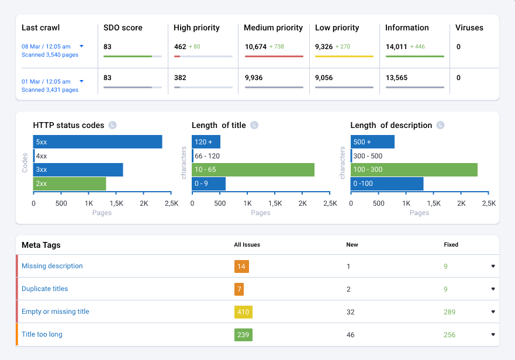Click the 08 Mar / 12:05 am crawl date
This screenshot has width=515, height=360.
(x=46, y=46)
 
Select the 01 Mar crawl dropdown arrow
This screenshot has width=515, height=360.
(x=82, y=81)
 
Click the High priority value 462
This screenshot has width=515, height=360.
(x=180, y=47)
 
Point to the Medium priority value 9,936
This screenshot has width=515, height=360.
(x=254, y=78)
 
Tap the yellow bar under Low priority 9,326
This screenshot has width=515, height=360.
(x=344, y=56)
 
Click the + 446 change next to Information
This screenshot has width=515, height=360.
(x=418, y=47)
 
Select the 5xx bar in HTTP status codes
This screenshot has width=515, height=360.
(x=98, y=142)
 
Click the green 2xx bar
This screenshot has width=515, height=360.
(x=70, y=184)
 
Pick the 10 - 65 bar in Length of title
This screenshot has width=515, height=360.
(x=253, y=169)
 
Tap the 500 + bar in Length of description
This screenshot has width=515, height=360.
(x=372, y=142)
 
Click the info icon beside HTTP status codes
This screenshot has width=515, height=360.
(x=113, y=125)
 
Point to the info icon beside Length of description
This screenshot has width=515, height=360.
(x=440, y=125)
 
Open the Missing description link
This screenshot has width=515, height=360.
(x=52, y=266)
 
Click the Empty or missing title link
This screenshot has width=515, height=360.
(x=56, y=311)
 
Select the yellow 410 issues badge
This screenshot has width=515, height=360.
(x=243, y=312)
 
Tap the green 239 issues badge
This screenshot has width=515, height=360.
(x=243, y=335)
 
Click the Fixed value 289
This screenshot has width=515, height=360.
(x=450, y=312)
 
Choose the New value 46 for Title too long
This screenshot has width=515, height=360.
(x=351, y=335)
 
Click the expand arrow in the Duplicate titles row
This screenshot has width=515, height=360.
(x=493, y=289)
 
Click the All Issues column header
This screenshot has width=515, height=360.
(x=247, y=245)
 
